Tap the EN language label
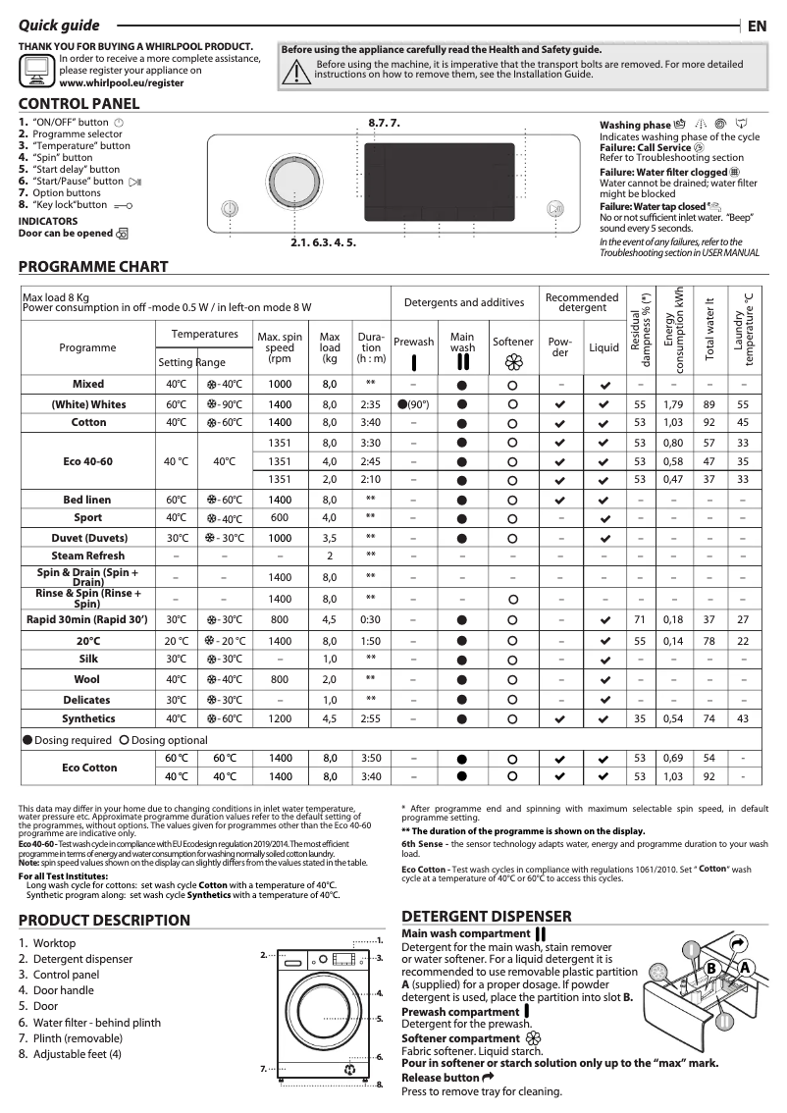757,26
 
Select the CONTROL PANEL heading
79,104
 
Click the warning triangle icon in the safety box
294,69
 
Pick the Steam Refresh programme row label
87,556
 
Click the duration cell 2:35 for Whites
371,404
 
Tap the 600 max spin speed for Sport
280,517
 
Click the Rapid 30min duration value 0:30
371,619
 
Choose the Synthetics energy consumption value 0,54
672,718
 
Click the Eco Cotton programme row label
87,767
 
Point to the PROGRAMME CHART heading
93,267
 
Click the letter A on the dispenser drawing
745,968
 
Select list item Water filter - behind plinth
96,1023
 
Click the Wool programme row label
87,678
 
